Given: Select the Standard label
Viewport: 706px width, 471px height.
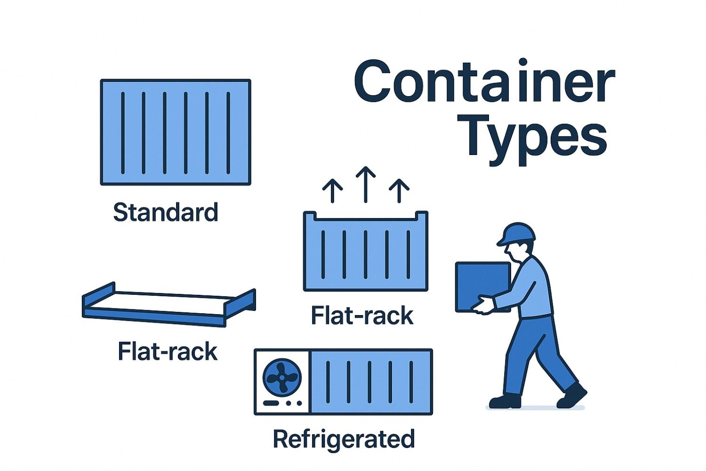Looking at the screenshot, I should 166,212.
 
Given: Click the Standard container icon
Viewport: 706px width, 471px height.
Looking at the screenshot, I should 176,132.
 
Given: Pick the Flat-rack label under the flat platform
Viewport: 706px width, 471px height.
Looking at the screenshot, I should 168,352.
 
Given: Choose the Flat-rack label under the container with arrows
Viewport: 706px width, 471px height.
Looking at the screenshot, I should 362,316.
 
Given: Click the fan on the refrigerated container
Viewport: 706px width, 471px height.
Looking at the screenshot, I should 281,377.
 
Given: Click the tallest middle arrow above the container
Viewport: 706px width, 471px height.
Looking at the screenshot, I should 366,184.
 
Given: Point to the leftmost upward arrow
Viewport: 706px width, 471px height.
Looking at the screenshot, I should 333,191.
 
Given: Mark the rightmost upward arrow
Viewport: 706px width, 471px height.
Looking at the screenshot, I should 399,191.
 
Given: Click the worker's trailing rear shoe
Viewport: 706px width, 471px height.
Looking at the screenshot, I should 505,401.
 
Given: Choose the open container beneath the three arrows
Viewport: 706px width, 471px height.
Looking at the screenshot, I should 366,252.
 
